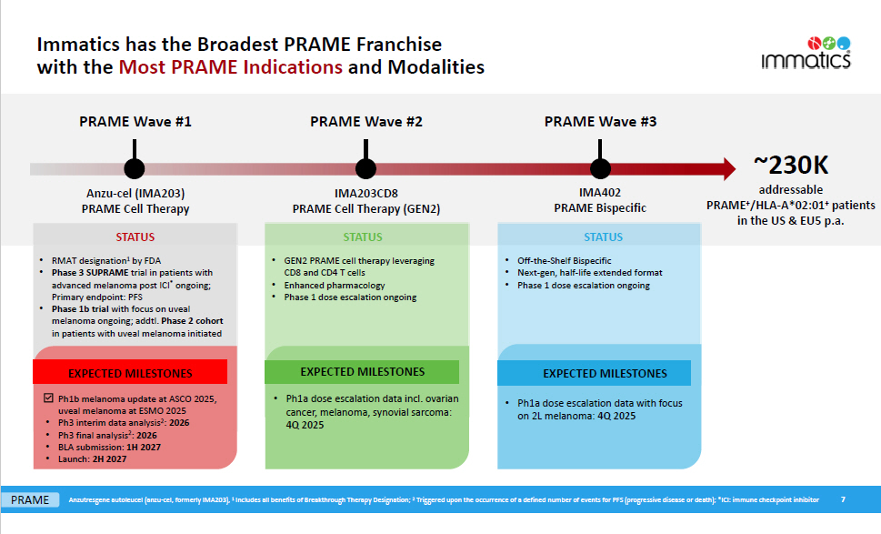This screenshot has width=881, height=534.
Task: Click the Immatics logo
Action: point(807,54)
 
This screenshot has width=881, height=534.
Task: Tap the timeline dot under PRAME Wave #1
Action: point(135,168)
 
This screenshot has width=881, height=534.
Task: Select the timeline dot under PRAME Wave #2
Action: point(365,168)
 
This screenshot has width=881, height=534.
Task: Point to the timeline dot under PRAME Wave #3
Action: point(600,168)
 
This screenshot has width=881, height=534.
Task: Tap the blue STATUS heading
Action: point(604,237)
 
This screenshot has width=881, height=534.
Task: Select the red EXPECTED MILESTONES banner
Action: point(130,373)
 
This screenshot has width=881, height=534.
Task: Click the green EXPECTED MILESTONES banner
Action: point(362,371)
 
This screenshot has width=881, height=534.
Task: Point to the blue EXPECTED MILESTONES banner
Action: point(604,373)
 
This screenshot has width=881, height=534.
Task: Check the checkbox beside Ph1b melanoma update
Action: point(50,398)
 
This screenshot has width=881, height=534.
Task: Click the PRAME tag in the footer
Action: point(31,499)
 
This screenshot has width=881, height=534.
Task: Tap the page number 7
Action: point(843,499)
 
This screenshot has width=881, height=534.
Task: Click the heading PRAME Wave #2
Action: point(365,121)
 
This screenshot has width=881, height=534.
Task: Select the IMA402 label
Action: point(599,193)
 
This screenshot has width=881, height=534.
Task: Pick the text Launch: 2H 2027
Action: point(85,459)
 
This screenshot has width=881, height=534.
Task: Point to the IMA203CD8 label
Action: point(365,193)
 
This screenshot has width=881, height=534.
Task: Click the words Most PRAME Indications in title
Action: point(231,67)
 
